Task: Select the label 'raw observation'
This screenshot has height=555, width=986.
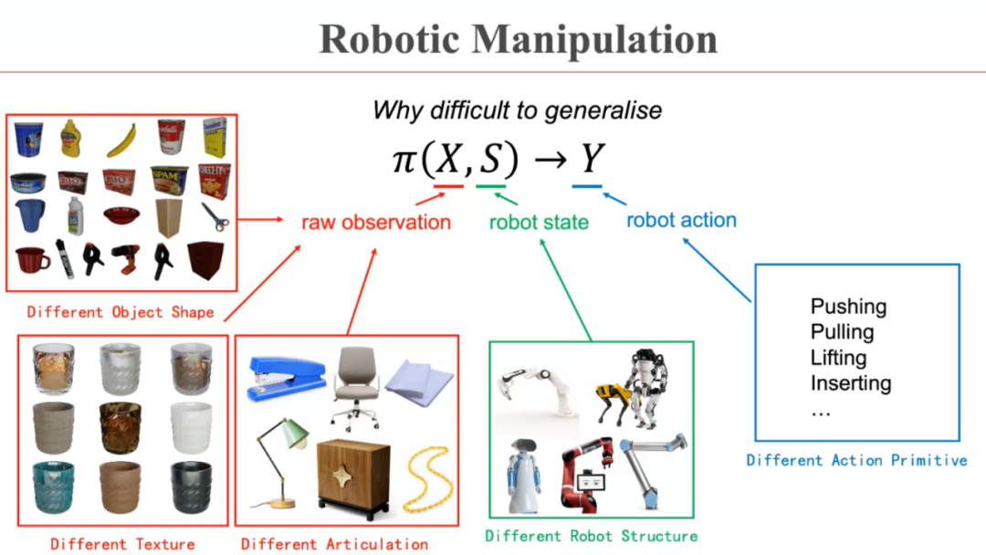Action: point(376,222)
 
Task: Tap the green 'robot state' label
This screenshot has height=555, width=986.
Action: point(539,222)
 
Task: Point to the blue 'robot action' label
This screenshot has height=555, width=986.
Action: point(681,220)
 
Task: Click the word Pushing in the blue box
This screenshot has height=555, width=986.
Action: point(848,307)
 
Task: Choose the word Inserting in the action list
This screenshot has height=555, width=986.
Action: point(851,383)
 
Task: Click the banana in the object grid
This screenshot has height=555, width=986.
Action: point(122,140)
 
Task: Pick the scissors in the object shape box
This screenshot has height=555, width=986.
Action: point(215,216)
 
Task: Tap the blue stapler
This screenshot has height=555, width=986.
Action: point(286,378)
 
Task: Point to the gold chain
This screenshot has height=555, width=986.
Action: point(426,480)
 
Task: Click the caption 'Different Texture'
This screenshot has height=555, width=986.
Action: point(122,544)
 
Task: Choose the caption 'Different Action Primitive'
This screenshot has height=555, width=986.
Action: point(856,460)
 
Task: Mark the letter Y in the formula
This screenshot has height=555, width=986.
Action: point(593,159)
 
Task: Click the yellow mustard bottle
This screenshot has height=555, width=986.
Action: point(72,139)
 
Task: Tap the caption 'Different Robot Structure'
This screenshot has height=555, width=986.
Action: point(591,536)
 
